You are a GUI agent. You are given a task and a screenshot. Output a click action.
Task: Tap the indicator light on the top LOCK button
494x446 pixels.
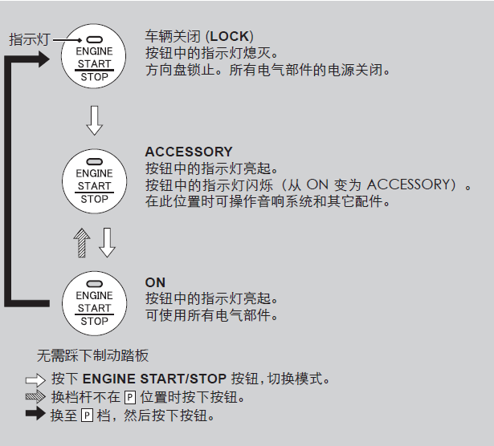click(x=94, y=39)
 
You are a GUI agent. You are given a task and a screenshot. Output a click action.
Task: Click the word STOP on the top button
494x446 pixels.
click(x=94, y=77)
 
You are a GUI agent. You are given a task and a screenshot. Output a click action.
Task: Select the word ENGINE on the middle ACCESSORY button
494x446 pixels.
click(x=94, y=173)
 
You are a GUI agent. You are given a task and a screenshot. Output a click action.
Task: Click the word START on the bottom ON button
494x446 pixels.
click(x=94, y=308)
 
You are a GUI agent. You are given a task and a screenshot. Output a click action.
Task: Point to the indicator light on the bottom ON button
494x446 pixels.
click(x=94, y=283)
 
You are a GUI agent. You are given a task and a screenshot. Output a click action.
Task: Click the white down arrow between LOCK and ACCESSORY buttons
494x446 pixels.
click(x=94, y=120)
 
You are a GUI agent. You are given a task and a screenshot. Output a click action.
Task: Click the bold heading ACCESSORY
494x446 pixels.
click(x=189, y=152)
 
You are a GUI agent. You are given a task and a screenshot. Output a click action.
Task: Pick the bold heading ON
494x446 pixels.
click(x=155, y=282)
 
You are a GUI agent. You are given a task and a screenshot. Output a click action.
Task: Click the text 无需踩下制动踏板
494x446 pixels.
click(x=92, y=355)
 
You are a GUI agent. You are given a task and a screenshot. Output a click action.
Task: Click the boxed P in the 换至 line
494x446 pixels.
click(x=88, y=416)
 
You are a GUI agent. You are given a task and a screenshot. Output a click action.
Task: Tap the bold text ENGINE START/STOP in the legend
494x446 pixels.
click(x=156, y=379)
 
